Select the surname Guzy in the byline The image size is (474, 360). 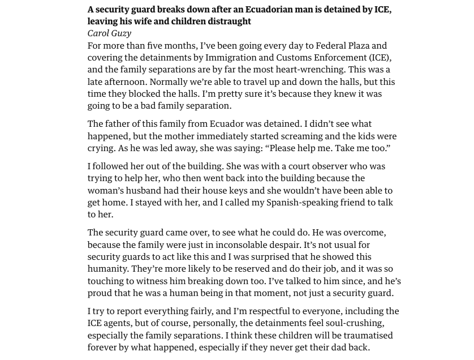[120, 33]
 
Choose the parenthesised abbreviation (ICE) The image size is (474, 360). [379, 58]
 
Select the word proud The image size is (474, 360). [101, 293]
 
